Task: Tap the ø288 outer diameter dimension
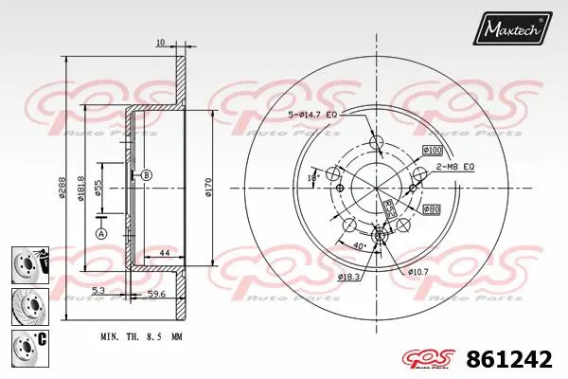point(61,188)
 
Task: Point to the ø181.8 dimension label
point(82,188)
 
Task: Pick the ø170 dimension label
point(210,188)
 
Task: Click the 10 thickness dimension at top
point(160,43)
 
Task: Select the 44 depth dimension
point(164,253)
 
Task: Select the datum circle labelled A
point(101,233)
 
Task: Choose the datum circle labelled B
point(146,175)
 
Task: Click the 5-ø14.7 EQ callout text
point(313,116)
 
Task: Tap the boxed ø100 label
point(432,150)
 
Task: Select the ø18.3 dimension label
point(350,276)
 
